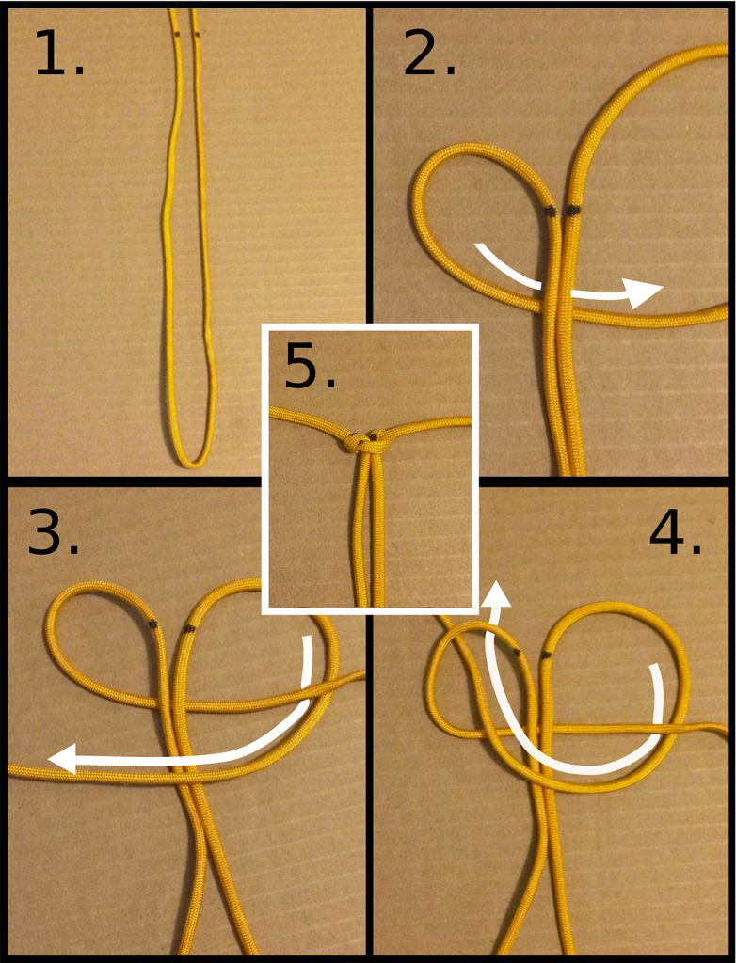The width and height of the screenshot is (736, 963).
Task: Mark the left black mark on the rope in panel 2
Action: coord(551,212)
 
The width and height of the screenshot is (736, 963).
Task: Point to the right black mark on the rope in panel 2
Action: coord(573,212)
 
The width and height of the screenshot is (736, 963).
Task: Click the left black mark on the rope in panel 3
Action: coord(152,624)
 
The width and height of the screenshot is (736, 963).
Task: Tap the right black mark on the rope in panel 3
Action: coord(189,629)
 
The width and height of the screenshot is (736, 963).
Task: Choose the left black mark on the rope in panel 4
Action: coord(516,651)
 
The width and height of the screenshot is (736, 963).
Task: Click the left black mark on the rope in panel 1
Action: coord(176,35)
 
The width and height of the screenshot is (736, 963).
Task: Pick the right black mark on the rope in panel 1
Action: coord(197,35)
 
